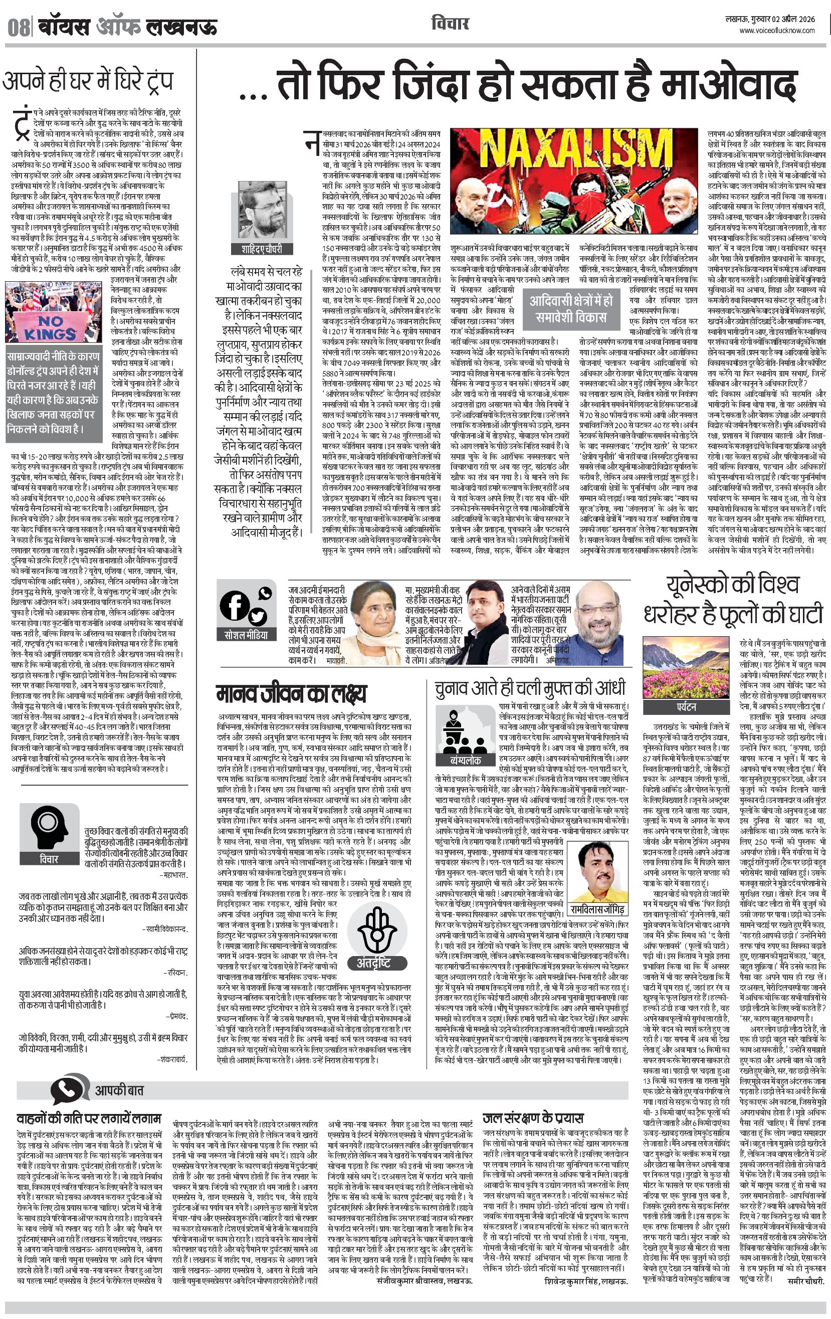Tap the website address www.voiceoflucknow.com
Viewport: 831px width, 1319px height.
(777, 31)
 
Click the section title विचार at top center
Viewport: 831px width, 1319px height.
(450, 24)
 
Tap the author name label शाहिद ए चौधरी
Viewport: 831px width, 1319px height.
(262, 249)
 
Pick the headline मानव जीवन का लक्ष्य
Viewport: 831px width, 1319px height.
(291, 694)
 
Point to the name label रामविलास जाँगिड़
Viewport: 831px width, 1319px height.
(597, 910)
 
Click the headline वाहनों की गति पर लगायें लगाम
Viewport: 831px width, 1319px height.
(89, 1118)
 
